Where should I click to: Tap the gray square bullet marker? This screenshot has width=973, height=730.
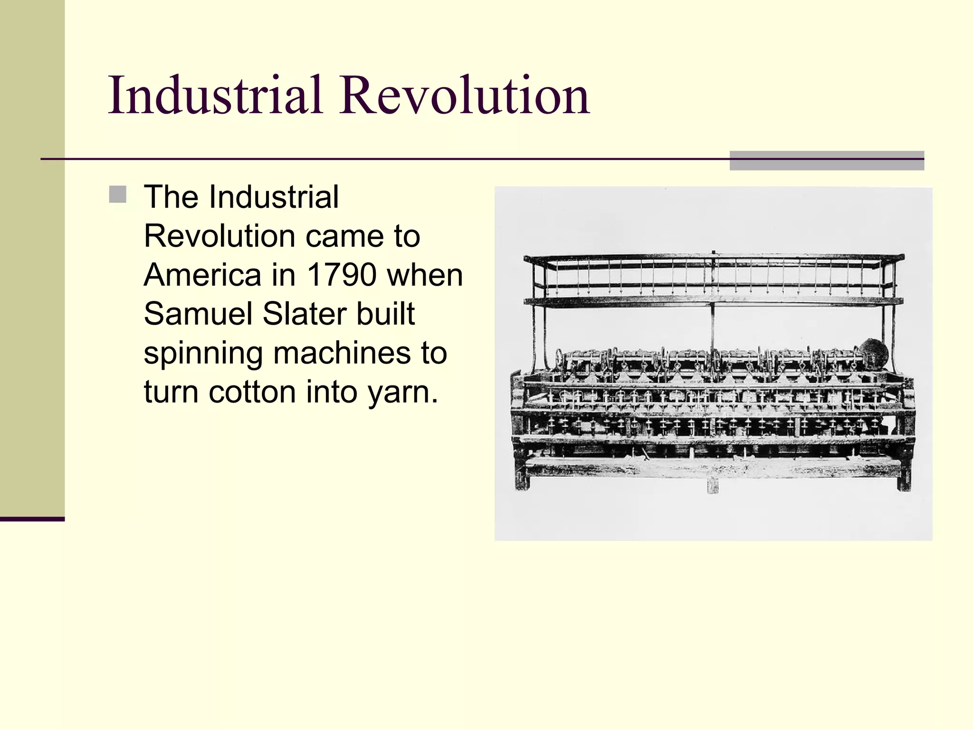click(x=117, y=194)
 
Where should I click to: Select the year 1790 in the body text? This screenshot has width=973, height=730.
click(x=342, y=275)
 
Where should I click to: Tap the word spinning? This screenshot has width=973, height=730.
click(x=203, y=354)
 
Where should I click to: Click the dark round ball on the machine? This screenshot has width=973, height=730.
click(x=873, y=354)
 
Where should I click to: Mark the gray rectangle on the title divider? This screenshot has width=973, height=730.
click(x=826, y=161)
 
